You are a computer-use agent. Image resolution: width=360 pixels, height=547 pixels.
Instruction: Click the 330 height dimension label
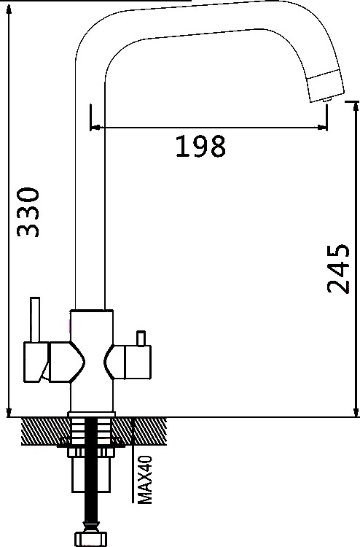28,212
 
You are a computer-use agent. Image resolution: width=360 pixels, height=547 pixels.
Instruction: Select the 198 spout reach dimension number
200,146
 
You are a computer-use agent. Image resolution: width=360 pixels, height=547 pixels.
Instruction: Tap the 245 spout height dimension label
337,268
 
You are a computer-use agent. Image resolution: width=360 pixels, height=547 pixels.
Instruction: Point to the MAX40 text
145,479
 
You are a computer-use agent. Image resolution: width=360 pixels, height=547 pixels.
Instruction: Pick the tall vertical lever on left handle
35,319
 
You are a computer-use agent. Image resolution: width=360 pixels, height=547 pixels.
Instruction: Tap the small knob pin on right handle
141,338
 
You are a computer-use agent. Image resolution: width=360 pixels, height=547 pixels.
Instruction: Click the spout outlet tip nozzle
327,100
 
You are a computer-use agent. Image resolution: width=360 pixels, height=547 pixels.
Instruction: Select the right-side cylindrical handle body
138,362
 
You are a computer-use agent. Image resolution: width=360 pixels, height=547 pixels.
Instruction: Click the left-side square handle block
36,362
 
